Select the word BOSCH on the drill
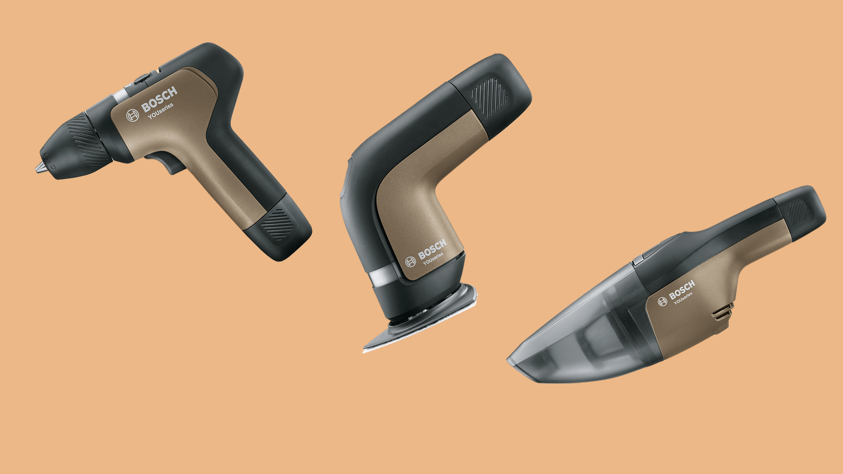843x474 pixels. pos(159,99)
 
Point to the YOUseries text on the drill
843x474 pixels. pos(161,111)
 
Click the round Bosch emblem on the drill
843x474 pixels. pos(132,115)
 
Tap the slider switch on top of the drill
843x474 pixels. pos(141,79)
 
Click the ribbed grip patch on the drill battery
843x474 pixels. pos(278,224)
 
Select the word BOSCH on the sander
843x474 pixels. pos(432,249)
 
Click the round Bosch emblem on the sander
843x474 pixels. pos(410,262)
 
